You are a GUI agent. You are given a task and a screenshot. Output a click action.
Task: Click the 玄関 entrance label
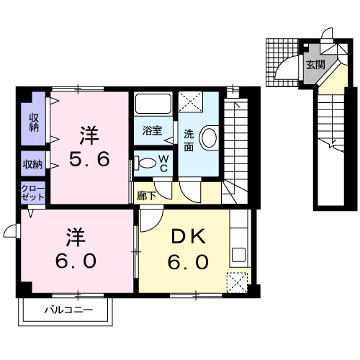[x=315, y=65]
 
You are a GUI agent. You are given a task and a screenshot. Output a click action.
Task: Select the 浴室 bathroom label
[x=151, y=132]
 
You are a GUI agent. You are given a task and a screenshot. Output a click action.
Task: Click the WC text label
[x=163, y=161]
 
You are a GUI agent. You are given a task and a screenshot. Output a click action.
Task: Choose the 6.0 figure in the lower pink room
[x=76, y=260]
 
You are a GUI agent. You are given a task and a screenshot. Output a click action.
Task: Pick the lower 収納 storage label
[x=33, y=163]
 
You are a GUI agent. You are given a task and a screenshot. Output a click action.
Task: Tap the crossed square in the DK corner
[x=236, y=282]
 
